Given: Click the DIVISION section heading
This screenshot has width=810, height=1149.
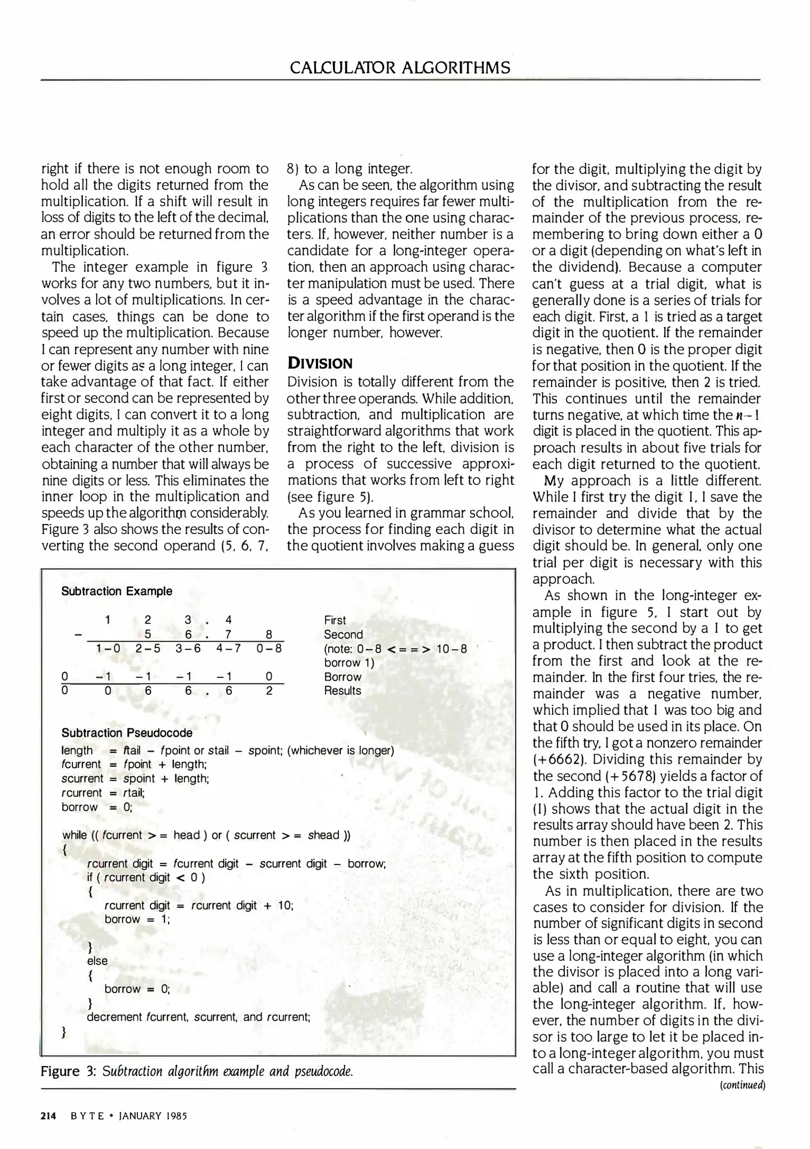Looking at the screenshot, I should coord(320,364).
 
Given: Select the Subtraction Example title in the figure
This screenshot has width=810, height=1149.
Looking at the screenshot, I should coord(116,591).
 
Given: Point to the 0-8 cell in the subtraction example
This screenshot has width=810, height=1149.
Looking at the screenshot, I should coord(269,648).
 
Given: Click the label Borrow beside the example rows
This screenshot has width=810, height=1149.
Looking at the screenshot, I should coord(343,677).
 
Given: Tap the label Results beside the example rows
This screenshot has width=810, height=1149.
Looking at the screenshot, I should coord(343,690).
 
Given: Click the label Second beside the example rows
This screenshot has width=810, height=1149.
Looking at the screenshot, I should coord(343,634).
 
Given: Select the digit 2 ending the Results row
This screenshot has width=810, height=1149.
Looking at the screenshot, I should coord(269,690).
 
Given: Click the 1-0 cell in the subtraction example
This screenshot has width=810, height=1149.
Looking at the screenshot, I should coord(108,648).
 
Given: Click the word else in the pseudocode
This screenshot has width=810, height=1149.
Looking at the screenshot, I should coord(97,961).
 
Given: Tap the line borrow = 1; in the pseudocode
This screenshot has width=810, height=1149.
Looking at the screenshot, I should coord(137,919).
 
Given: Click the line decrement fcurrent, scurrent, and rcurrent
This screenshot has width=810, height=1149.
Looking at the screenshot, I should coord(198,1017).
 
